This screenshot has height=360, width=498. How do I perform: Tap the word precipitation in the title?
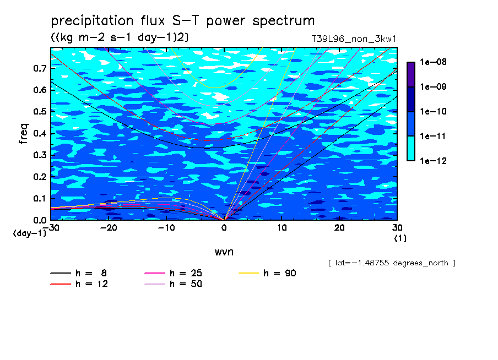[92, 21]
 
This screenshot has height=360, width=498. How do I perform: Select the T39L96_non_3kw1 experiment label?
[354, 39]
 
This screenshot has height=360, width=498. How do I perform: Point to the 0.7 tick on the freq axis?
[40, 68]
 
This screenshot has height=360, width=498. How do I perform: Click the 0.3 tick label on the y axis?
[40, 155]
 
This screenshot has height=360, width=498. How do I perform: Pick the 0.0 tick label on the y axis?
[40, 220]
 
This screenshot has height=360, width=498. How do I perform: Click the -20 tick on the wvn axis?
[109, 228]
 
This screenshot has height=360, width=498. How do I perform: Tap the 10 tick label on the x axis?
[282, 228]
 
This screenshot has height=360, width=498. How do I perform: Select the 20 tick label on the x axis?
[339, 228]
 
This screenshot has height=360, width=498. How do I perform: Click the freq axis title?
[24, 134]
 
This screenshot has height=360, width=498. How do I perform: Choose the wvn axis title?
[224, 252]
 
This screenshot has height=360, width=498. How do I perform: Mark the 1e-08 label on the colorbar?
[433, 62]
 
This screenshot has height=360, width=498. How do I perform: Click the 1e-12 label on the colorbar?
[433, 161]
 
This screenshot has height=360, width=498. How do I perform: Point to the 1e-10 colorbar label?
[433, 111]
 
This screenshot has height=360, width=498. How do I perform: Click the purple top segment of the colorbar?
[411, 75]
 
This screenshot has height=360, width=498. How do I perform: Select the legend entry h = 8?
[78, 273]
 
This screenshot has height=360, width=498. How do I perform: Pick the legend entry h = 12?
[79, 284]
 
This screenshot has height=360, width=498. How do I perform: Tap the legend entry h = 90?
[267, 273]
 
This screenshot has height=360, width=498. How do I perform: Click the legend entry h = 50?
[174, 284]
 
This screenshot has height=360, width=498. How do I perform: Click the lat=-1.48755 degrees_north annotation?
[392, 263]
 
